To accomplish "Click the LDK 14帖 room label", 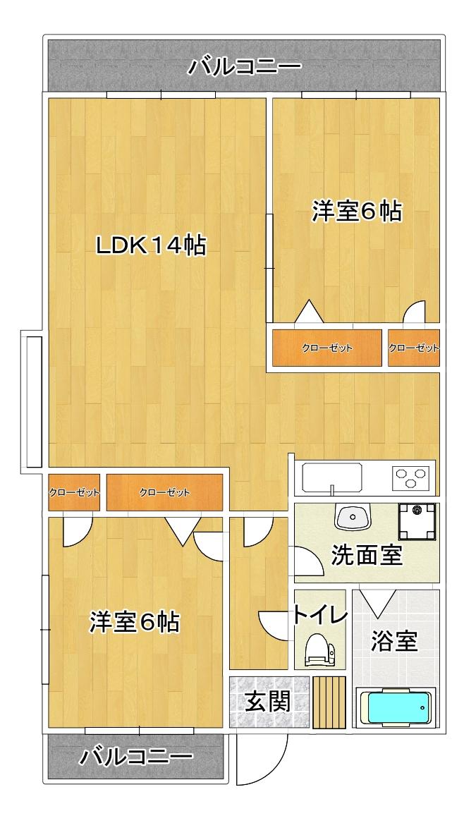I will pyautogui.click(x=151, y=245).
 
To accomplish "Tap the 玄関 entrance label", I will pyautogui.click(x=268, y=702).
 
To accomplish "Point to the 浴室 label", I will pyautogui.click(x=395, y=642).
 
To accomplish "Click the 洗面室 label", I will pyautogui.click(x=367, y=556).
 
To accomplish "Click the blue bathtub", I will pyautogui.click(x=395, y=707).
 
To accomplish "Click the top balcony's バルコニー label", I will pyautogui.click(x=245, y=68).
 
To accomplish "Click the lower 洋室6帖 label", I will pyautogui.click(x=134, y=622).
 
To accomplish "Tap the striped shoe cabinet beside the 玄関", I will pyautogui.click(x=329, y=702).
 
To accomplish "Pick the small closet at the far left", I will pyautogui.click(x=74, y=492).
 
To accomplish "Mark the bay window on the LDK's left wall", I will pyautogui.click(x=33, y=402).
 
